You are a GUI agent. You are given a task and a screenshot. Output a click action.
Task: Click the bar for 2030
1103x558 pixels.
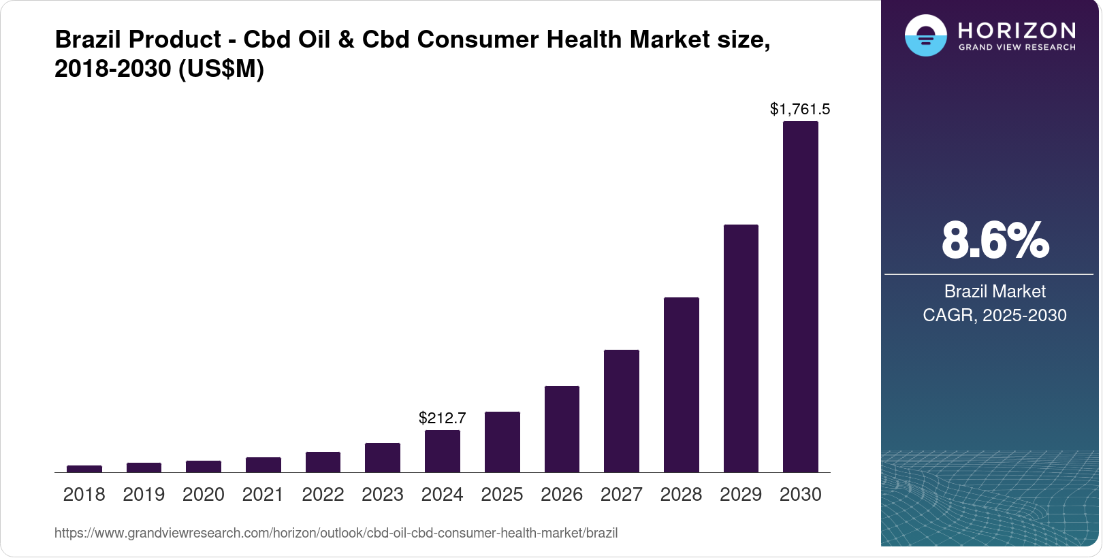pos(800,297)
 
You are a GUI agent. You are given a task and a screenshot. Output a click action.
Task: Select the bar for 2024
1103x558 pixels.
pos(442,451)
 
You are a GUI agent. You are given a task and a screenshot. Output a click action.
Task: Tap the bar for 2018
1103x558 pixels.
pos(84,469)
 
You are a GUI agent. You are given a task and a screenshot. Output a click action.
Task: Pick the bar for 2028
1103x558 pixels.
pos(681,384)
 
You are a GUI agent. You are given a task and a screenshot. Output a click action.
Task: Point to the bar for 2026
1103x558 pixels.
pos(562,429)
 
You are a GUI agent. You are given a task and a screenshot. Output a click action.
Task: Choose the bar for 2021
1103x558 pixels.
pos(263,465)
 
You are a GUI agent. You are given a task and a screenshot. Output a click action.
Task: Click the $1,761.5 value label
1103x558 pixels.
pos(799,109)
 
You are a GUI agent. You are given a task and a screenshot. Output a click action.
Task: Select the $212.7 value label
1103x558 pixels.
pos(442,418)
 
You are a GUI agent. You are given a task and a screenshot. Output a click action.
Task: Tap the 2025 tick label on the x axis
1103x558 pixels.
pos(502,495)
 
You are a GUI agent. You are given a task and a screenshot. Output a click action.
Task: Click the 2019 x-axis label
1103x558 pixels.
pos(144,495)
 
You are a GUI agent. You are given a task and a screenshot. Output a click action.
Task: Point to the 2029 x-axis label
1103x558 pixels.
pos(741,495)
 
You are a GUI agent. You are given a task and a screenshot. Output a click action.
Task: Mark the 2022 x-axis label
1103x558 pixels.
pos(323,495)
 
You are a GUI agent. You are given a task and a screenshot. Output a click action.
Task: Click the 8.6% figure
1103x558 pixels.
pos(995,240)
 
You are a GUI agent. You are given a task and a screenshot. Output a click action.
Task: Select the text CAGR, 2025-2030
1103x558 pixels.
pos(994,315)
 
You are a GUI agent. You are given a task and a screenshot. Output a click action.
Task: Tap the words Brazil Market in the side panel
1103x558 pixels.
pos(994,291)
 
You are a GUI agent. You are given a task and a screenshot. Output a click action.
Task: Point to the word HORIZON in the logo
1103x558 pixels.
pos(1017,30)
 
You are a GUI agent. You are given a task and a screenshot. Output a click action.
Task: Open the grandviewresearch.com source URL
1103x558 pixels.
pos(336,533)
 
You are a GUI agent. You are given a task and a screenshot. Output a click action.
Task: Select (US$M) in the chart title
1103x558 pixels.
pos(221,69)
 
